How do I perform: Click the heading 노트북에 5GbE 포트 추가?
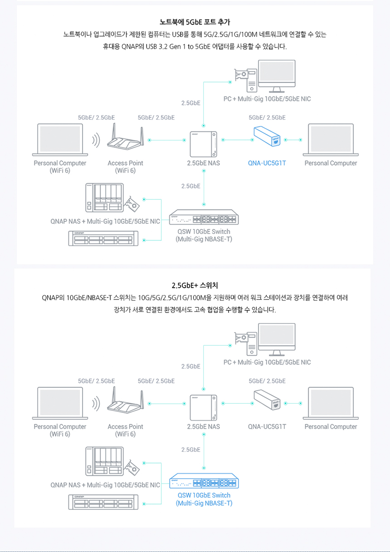(x=195, y=22)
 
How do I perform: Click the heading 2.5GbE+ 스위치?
(x=195, y=286)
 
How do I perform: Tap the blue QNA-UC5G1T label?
(x=267, y=163)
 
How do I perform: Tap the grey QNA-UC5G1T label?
(x=267, y=426)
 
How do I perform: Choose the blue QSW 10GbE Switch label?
(x=204, y=499)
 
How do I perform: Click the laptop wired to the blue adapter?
(x=331, y=140)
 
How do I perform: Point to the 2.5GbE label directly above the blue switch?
(x=190, y=450)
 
